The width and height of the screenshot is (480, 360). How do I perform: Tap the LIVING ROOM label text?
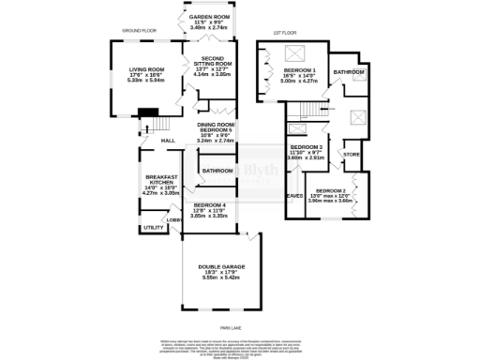pos(146,68)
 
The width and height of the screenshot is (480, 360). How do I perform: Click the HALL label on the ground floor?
pos(169,141)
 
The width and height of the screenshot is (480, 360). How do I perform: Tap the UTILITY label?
pos(154,227)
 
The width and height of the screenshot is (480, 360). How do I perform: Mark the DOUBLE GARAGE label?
pos(221,267)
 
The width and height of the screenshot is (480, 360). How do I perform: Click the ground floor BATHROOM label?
pos(217,171)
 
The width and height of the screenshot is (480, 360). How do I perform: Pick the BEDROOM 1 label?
pos(300,70)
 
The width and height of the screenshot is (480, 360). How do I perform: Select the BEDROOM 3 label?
pos(306,147)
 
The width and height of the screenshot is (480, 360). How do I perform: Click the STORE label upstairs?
pos(352,154)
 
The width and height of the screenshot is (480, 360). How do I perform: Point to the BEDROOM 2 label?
pos(330,189)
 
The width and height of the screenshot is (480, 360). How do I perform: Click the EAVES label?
pos(294,196)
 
